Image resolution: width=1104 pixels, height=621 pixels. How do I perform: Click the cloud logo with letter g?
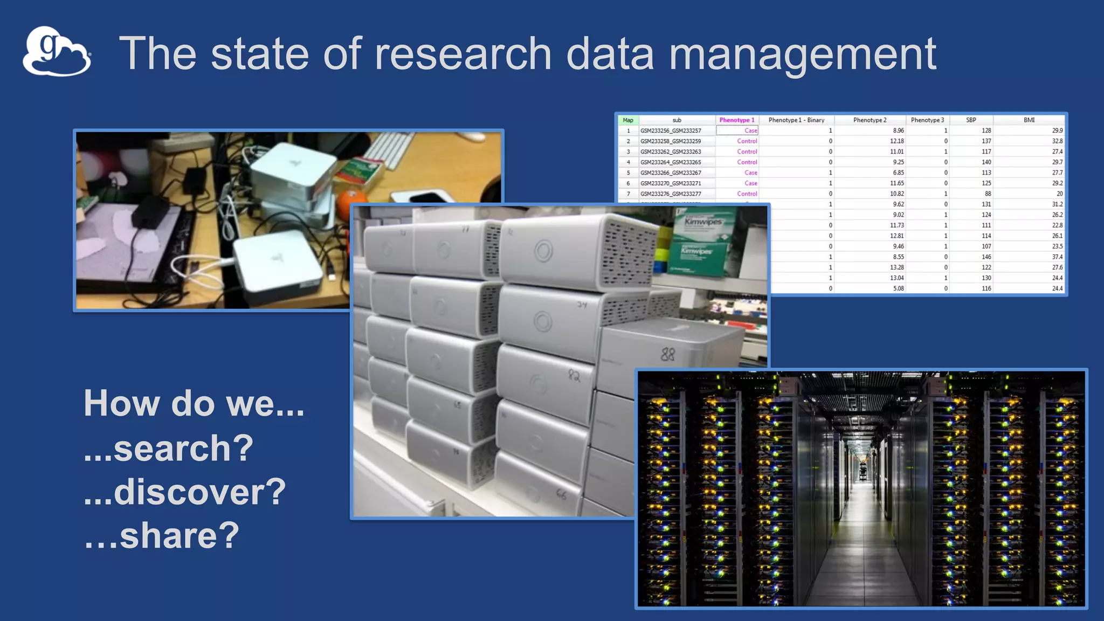coord(56,52)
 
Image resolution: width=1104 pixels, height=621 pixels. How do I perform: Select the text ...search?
coord(168,448)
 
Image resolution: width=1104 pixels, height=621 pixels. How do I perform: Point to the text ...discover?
coord(184,492)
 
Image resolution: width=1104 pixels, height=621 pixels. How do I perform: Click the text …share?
coord(161,535)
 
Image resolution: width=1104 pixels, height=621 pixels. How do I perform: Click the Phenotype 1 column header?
coord(736,120)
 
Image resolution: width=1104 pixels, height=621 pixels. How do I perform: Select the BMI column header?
coord(1029,120)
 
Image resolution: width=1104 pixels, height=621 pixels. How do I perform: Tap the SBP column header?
coord(970,120)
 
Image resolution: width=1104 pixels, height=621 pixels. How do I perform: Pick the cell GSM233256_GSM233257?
coord(671,130)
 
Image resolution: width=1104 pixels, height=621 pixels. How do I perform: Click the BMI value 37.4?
coord(1057,257)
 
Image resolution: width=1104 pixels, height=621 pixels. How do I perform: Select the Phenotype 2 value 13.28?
coord(896,267)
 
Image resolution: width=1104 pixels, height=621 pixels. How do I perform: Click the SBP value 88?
coord(987,194)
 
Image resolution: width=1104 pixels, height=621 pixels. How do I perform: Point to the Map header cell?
coord(627,120)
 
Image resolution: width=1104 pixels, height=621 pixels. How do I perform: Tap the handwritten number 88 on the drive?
coord(667,354)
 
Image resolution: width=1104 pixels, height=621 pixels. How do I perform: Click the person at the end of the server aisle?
coord(862,470)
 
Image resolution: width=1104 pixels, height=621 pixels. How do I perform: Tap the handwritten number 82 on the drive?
coord(574,375)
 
